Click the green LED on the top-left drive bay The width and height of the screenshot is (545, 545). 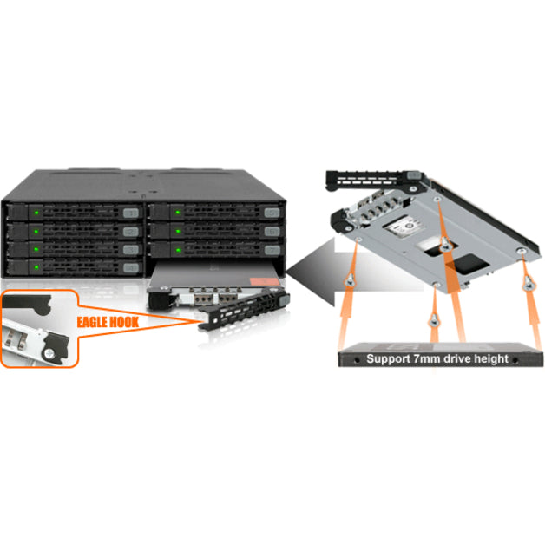(37, 212)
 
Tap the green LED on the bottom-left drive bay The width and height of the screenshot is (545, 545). (37, 268)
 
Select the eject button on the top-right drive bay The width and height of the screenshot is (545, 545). (272, 213)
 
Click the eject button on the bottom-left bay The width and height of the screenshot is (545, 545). (131, 268)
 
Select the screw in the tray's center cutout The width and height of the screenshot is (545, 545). (443, 246)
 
